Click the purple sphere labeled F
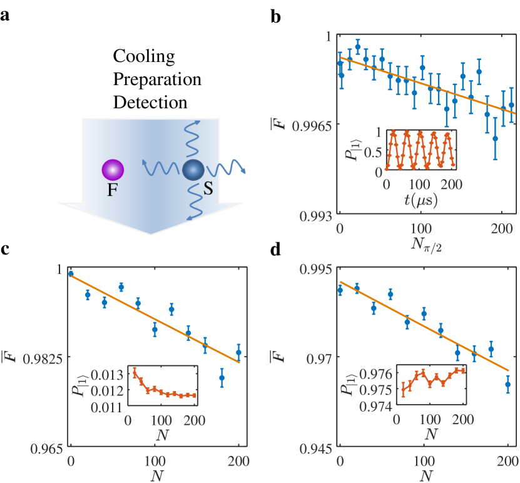pyautogui.click(x=113, y=169)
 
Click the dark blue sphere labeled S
pyautogui.click(x=193, y=170)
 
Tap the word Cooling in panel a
pyautogui.click(x=143, y=58)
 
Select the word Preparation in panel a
pyautogui.click(x=156, y=79)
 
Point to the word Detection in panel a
pyautogui.click(x=150, y=101)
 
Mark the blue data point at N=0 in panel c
pyautogui.click(x=71, y=273)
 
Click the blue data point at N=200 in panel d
pyautogui.click(x=507, y=384)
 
